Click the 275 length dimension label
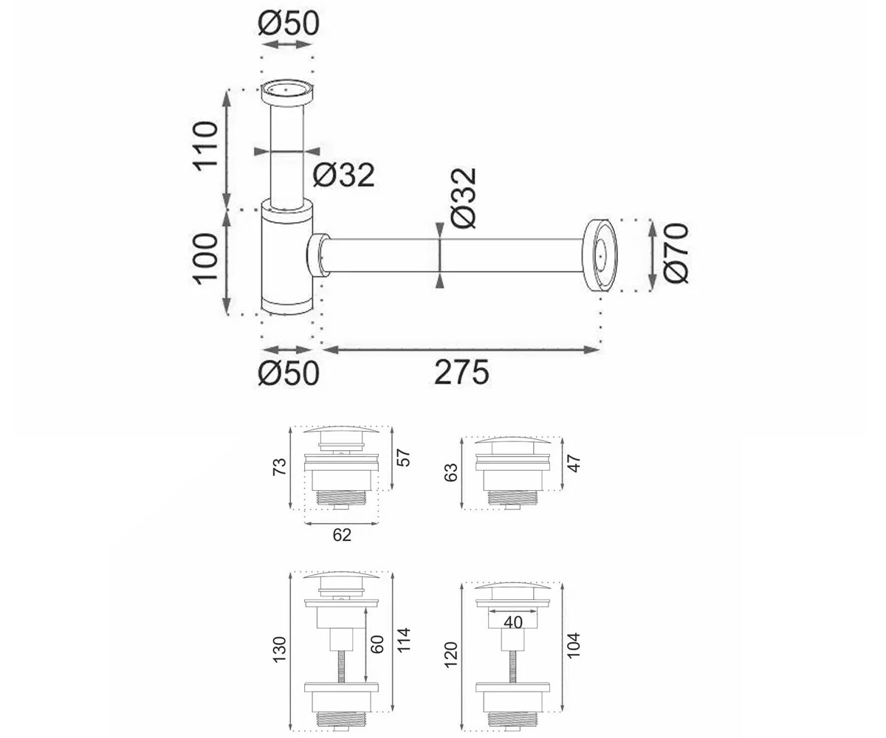click(x=461, y=373)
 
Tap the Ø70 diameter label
click(x=676, y=253)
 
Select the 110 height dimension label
click(x=206, y=146)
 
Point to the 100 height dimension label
click(x=206, y=259)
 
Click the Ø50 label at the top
click(x=288, y=23)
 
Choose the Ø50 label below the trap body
click(x=289, y=373)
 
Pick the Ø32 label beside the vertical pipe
click(x=344, y=174)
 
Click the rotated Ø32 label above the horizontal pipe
click(x=464, y=198)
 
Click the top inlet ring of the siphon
click(x=287, y=92)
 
